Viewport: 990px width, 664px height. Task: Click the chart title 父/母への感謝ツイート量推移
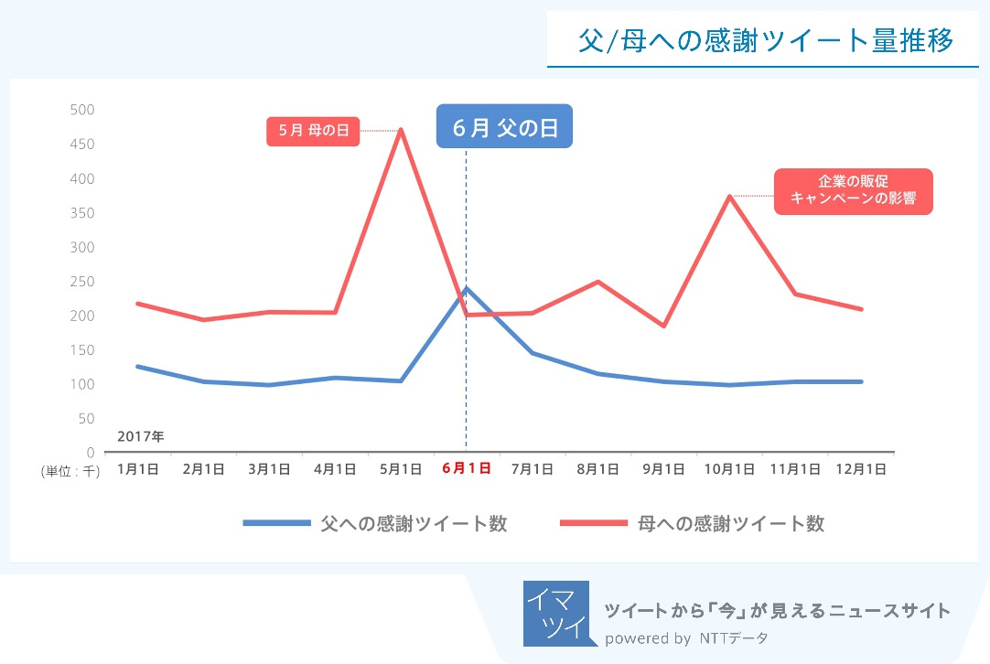point(767,41)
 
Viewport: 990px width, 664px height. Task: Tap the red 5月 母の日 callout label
point(313,131)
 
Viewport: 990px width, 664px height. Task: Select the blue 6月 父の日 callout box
point(504,127)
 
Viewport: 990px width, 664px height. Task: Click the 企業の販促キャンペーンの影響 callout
point(853,190)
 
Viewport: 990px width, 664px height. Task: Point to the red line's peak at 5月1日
point(401,130)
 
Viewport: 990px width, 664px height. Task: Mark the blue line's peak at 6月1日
point(467,288)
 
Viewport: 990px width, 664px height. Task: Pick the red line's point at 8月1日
point(597,282)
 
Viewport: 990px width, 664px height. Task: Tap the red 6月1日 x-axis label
point(466,468)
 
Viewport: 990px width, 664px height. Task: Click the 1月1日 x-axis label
point(138,469)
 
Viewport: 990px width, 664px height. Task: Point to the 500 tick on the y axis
point(82,110)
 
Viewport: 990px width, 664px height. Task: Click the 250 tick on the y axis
point(82,282)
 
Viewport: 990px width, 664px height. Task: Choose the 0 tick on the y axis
point(90,453)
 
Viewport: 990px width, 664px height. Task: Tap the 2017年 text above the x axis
point(141,436)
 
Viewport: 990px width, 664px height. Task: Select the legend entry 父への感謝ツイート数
point(375,523)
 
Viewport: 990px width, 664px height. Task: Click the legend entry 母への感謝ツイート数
point(692,523)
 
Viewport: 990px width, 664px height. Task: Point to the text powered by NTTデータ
point(686,637)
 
